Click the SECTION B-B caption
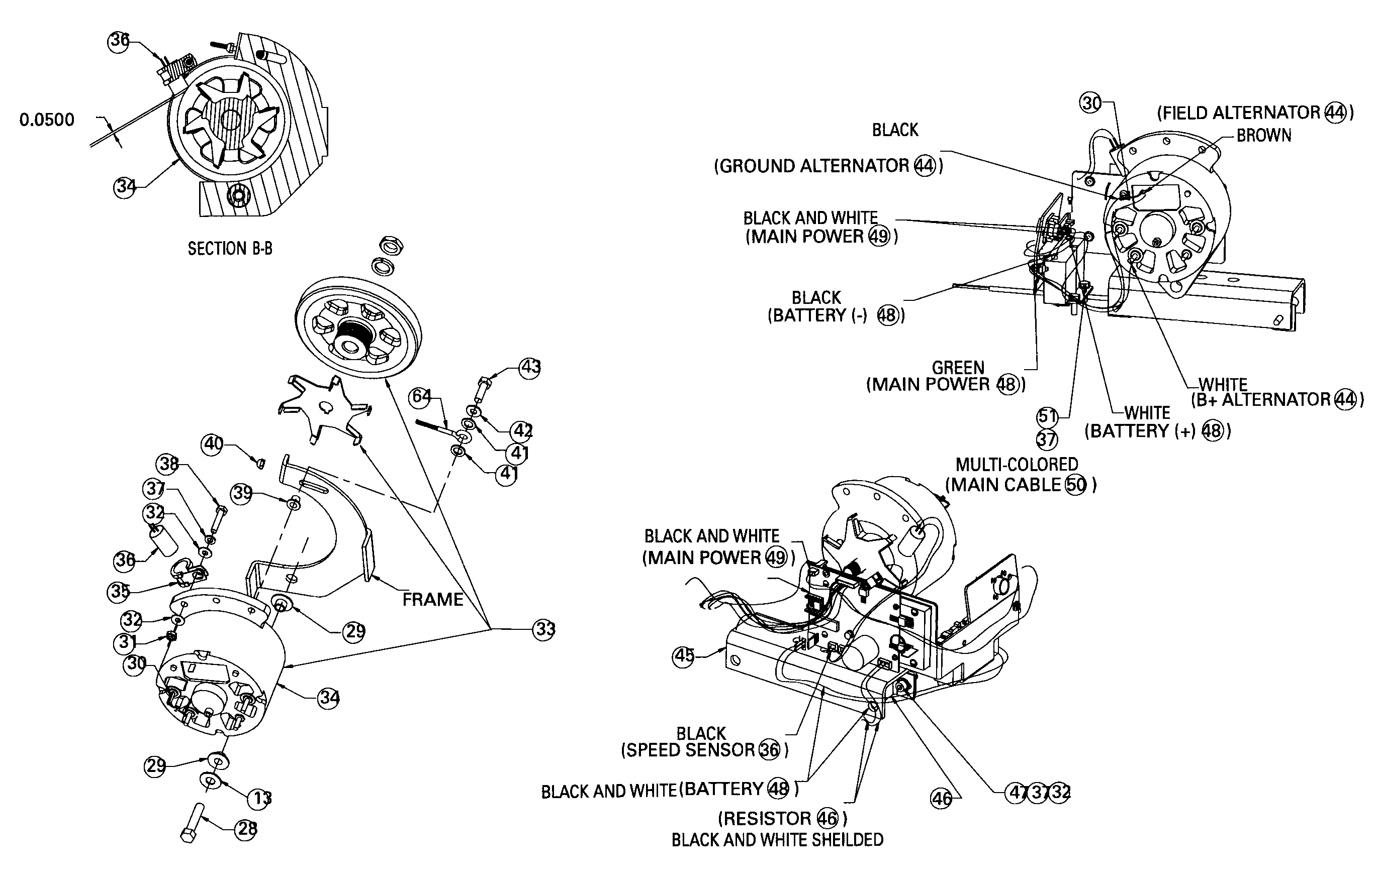230,249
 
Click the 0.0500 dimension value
47,120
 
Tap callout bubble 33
544,629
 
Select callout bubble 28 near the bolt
246,829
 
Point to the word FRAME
433,600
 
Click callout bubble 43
530,367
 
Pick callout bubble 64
421,397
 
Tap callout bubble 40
213,444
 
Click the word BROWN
1263,136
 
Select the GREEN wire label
958,368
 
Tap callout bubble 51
1046,416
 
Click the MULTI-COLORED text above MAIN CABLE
1017,464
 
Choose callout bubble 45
683,656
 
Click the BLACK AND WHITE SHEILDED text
777,839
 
